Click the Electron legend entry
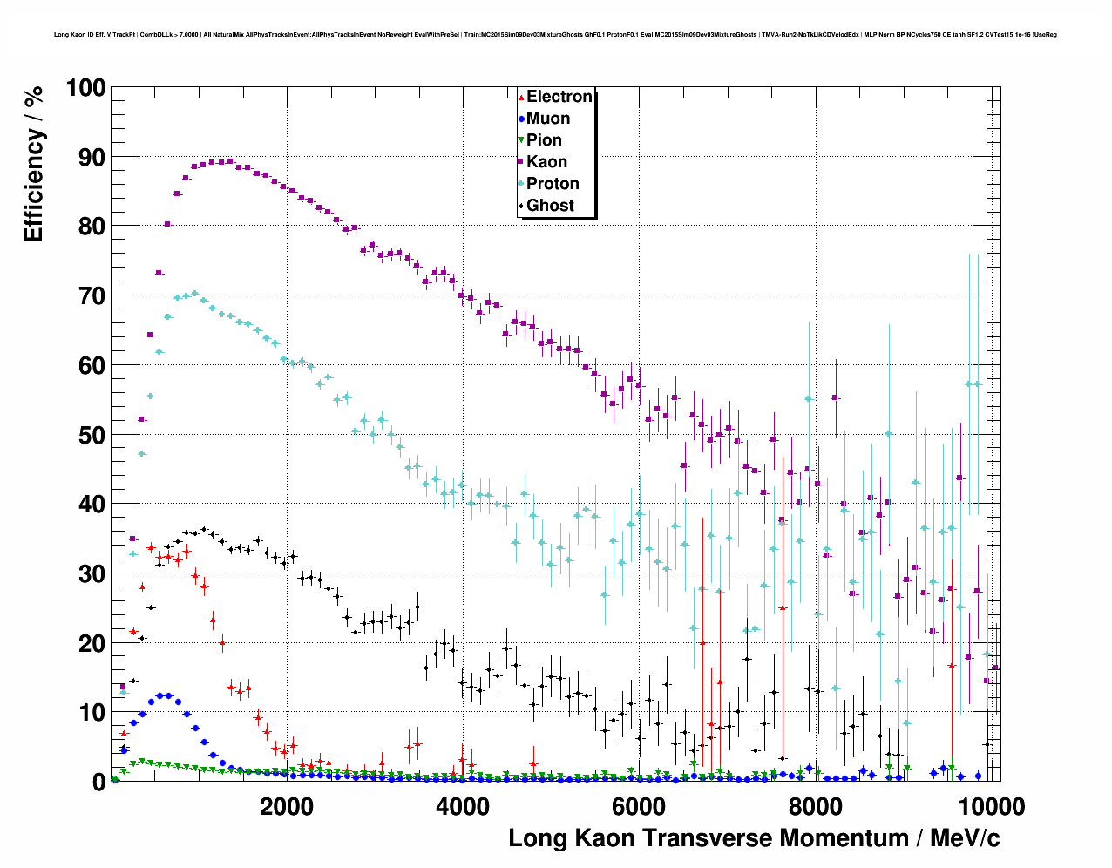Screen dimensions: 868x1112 [x=559, y=97]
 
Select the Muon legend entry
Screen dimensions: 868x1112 [x=547, y=119]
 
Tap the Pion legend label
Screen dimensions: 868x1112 [x=544, y=140]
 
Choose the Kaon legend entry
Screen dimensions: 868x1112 [x=546, y=162]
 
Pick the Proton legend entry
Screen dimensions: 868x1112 [x=553, y=184]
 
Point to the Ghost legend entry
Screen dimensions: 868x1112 [x=550, y=206]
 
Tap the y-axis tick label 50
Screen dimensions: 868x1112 [x=92, y=435]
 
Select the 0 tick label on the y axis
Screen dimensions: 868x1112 [x=98, y=782]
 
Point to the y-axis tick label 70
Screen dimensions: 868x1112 [x=92, y=296]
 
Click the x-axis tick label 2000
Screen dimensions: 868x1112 [x=287, y=806]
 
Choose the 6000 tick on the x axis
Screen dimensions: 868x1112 [x=639, y=806]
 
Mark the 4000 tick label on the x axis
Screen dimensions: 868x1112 [x=463, y=806]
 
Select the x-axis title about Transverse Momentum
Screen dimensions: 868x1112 [x=754, y=838]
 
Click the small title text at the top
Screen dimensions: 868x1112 [x=555, y=35]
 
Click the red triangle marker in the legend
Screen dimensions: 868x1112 [x=521, y=97]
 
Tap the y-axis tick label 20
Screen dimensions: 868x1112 [x=92, y=643]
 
